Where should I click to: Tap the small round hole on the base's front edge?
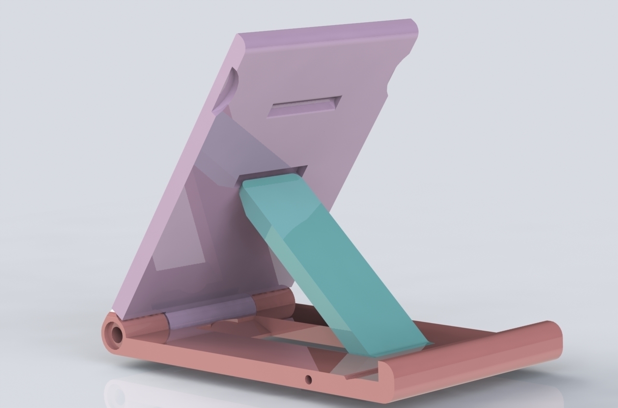tap(309, 380)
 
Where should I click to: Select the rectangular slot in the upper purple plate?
tap(304, 106)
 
